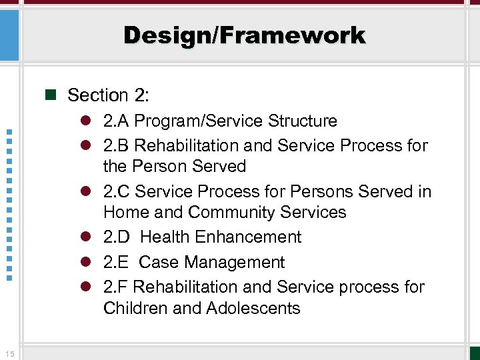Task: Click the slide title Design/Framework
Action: tap(244, 35)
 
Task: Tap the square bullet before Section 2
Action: tap(49, 95)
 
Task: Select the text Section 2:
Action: tap(108, 95)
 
